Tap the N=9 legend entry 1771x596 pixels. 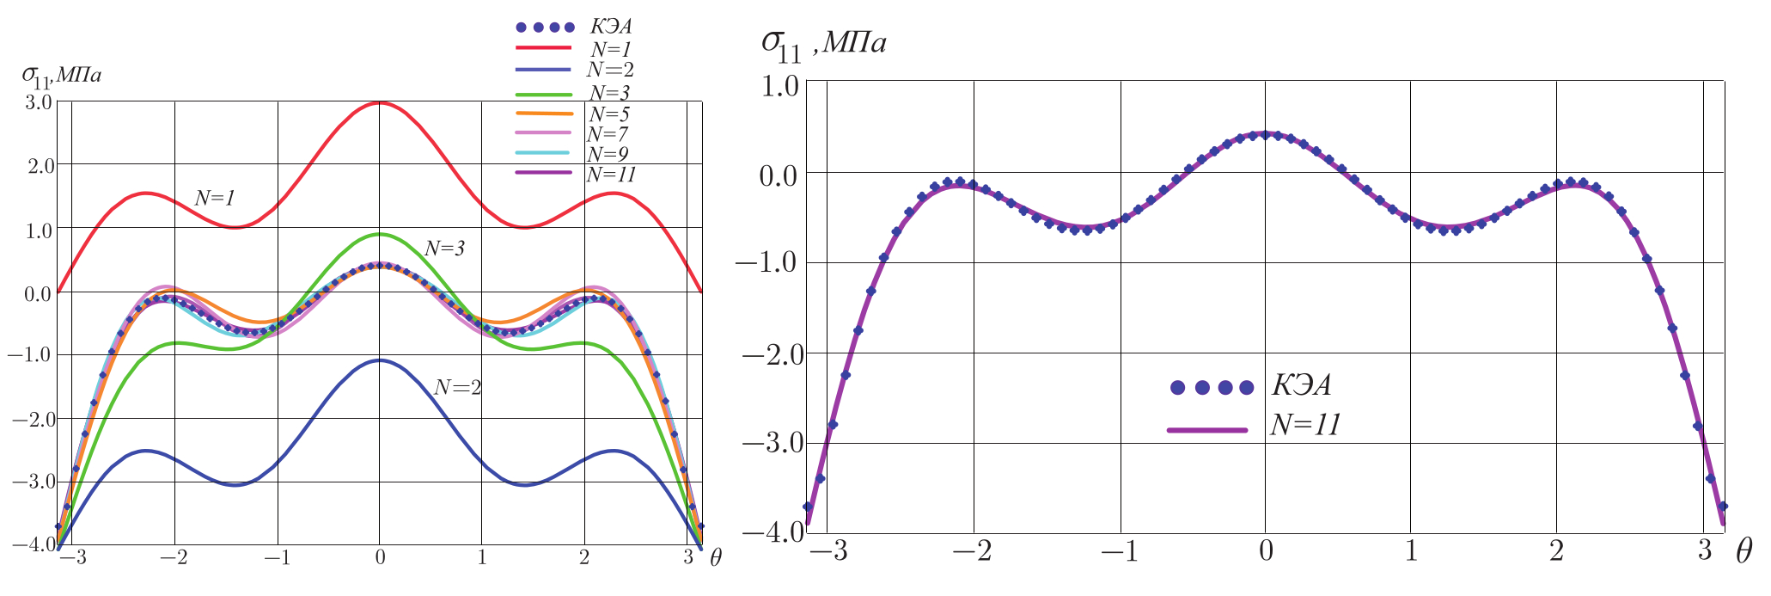[x=608, y=154]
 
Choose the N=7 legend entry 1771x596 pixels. [x=608, y=134]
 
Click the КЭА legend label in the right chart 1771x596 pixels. [x=1302, y=386]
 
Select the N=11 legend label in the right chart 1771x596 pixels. [x=1305, y=426]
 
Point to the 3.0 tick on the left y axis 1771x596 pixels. [x=38, y=101]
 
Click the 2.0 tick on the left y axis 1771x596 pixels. [x=38, y=164]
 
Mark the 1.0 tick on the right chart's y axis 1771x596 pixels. [x=778, y=83]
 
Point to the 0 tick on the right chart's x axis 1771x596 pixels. [x=1265, y=551]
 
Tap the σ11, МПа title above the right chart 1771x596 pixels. [x=823, y=43]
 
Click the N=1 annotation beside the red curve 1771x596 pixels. [x=214, y=198]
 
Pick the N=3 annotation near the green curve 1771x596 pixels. [x=444, y=249]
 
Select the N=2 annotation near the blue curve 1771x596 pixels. [x=457, y=388]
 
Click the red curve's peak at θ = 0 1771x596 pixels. [x=379, y=102]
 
